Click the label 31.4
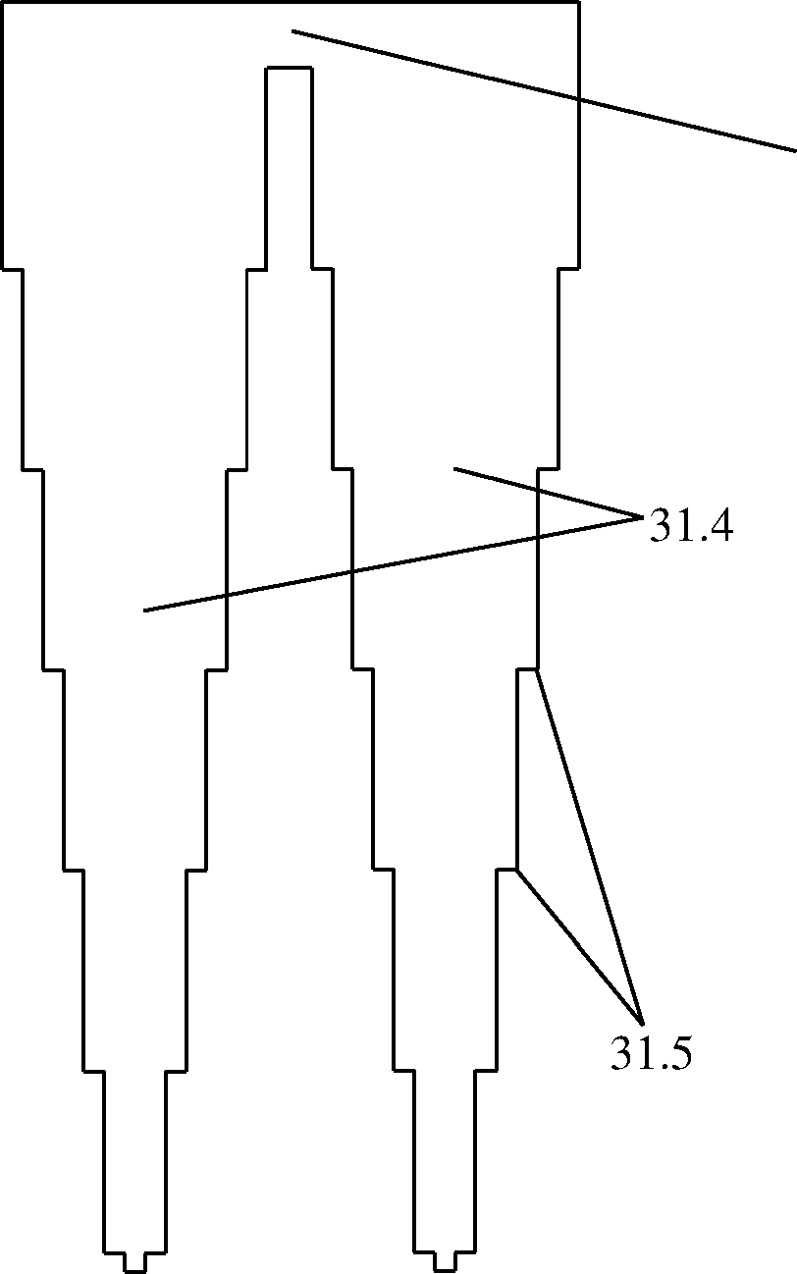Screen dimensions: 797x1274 [691, 525]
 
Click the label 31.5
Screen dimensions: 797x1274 [652, 1052]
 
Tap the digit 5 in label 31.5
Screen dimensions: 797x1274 [679, 1052]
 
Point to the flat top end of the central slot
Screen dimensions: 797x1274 [289, 68]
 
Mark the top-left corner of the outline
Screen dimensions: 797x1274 [3, 2]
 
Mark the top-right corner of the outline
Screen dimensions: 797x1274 [579, 2]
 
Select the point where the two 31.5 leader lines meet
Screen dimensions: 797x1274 [643, 1025]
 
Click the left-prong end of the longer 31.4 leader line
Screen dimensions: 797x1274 [144, 610]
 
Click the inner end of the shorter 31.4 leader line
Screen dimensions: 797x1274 [454, 468]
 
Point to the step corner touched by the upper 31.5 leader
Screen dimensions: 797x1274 [537, 670]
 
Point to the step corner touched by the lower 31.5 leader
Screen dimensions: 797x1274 [516, 870]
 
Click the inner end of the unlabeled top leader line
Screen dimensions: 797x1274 [292, 30]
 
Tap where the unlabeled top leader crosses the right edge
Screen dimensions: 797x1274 [579, 100]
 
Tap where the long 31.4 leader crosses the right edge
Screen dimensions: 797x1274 [538, 536]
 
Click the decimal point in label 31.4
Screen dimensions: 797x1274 [699, 538]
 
